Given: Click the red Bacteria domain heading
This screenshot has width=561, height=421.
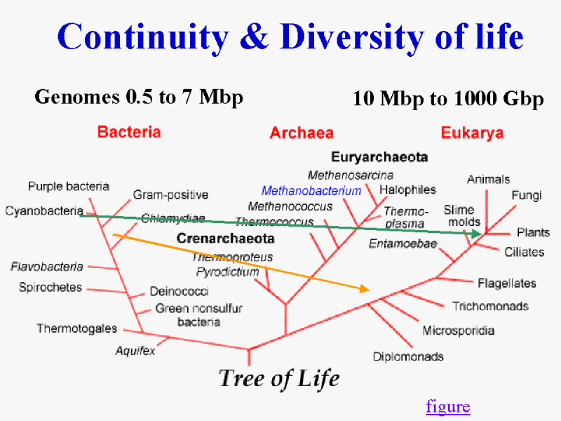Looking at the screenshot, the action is click(x=129, y=132).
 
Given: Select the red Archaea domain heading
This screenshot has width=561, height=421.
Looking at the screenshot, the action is click(x=302, y=133).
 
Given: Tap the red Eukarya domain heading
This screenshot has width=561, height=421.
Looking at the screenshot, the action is click(x=472, y=133).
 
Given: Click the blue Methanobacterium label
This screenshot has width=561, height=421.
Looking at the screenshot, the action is click(x=311, y=191).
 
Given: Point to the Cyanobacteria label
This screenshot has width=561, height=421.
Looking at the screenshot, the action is click(x=44, y=211).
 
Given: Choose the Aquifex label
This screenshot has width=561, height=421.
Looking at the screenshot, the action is click(x=135, y=350).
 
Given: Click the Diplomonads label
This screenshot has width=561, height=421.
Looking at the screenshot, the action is click(x=408, y=356).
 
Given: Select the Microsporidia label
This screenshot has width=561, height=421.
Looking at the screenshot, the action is click(x=459, y=330).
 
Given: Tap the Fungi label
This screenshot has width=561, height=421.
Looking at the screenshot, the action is click(x=527, y=196).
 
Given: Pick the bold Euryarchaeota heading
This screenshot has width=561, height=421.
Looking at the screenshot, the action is click(x=379, y=156).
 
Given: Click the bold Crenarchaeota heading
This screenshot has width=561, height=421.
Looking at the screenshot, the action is click(x=225, y=239).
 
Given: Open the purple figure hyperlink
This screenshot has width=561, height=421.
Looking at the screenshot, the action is click(x=448, y=407).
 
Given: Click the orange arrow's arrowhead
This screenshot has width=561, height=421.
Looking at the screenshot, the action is click(x=364, y=288).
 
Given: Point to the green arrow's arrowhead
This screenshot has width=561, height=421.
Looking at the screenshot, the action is click(x=477, y=234).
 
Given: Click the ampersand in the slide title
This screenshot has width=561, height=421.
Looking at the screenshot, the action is click(x=254, y=36).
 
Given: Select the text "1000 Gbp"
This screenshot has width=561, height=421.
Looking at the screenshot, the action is click(x=499, y=98).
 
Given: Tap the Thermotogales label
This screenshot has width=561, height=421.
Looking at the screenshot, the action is click(x=77, y=328).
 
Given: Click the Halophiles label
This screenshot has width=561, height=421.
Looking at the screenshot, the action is click(x=407, y=189).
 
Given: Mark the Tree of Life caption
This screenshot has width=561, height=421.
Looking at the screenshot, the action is click(x=279, y=378).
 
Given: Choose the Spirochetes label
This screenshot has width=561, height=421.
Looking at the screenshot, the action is click(x=50, y=288).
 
